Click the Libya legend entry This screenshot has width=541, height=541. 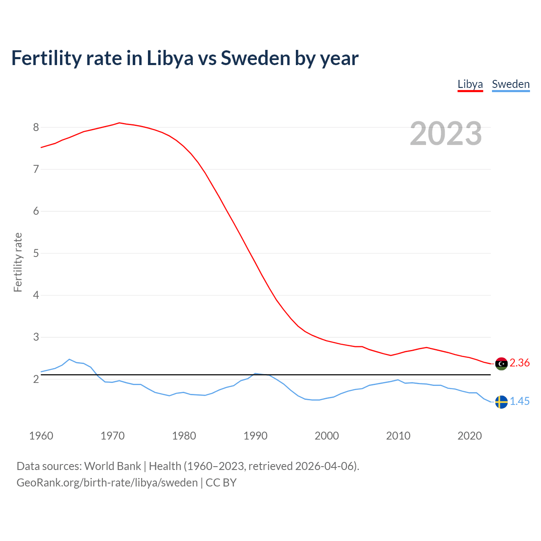470,84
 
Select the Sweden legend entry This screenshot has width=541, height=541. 511,84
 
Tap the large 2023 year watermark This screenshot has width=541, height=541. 446,134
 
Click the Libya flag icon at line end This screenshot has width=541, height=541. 501,363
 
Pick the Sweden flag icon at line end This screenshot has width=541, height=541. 501,402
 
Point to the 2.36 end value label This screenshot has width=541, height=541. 519,363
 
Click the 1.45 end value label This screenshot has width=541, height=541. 519,402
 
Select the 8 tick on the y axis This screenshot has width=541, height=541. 36,127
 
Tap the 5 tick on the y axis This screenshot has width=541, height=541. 36,253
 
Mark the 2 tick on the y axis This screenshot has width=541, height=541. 36,379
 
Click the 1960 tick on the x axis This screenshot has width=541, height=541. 41,436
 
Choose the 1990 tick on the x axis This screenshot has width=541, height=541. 255,436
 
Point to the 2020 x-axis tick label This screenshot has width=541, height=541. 470,436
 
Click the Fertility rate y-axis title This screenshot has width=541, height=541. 18,262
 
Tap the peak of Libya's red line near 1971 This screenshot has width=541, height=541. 119,123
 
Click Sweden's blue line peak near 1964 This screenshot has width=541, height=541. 69,359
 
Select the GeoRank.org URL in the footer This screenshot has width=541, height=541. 107,483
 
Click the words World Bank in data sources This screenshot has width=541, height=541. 112,466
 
